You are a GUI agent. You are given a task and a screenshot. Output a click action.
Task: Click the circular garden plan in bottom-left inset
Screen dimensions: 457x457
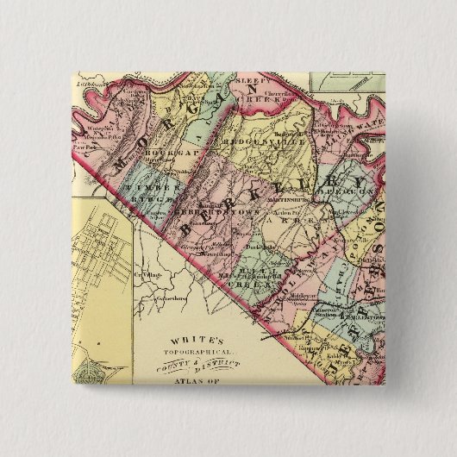pos(88,372)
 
